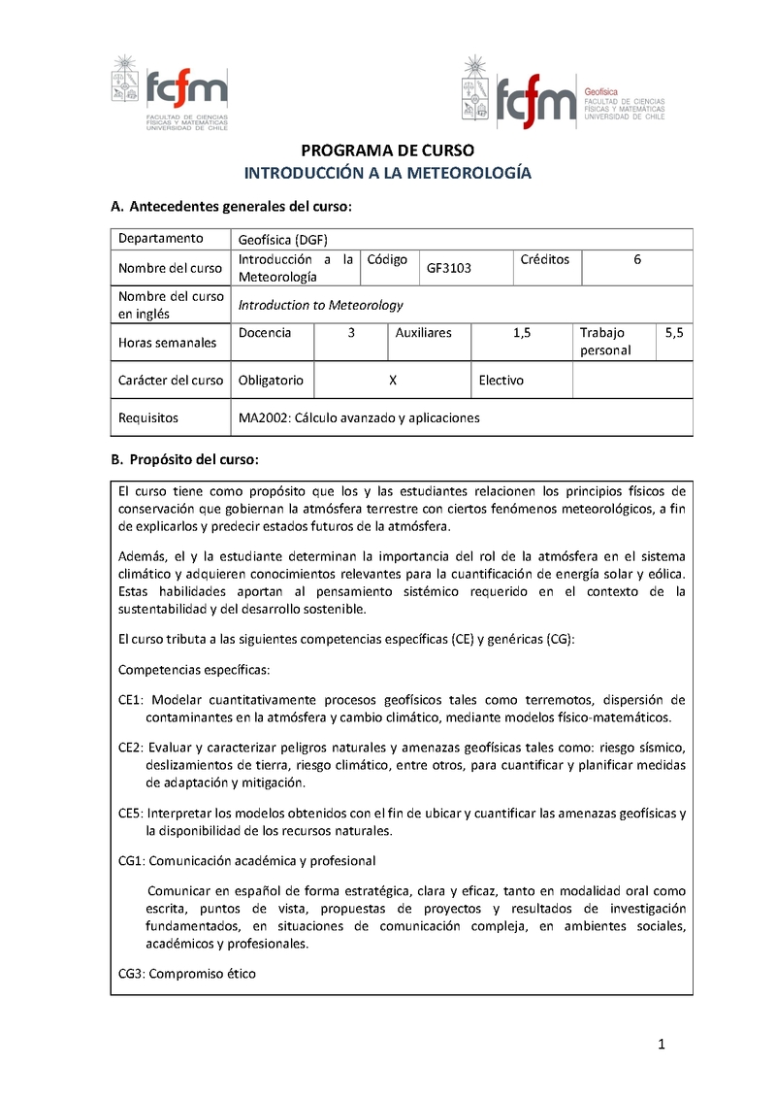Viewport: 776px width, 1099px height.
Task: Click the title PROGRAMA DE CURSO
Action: [387, 151]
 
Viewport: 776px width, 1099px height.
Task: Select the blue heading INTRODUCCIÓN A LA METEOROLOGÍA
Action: [387, 174]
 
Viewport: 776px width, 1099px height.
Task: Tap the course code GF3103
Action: [449, 268]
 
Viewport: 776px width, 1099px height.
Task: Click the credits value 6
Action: [637, 259]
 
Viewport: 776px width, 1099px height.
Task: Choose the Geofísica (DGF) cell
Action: [282, 239]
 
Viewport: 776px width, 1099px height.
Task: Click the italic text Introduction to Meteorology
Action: [320, 305]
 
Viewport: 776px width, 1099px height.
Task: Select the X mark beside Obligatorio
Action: [392, 381]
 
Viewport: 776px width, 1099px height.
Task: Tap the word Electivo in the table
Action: [501, 381]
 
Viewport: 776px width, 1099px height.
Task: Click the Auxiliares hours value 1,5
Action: [522, 333]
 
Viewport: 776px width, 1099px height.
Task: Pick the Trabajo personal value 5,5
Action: [674, 333]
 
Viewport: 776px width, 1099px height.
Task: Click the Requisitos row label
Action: [148, 418]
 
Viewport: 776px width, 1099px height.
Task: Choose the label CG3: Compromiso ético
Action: [187, 973]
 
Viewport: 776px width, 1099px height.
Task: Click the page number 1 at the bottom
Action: [661, 1045]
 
